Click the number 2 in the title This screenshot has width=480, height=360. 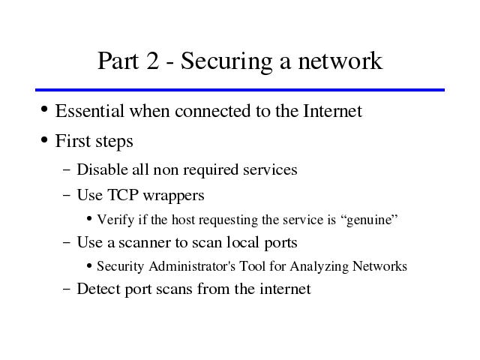153,61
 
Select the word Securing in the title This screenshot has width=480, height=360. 226,62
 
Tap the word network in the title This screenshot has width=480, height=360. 340,61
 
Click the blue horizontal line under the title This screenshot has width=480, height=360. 240,90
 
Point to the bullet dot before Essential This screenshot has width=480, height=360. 44,109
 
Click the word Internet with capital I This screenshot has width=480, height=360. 332,110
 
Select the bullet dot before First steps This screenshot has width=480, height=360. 44,140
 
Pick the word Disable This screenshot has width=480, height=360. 102,169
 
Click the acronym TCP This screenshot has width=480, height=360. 123,195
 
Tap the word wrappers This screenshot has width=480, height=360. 173,196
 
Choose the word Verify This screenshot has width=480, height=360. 115,220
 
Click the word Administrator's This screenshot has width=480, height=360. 192,266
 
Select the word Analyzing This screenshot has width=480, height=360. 319,267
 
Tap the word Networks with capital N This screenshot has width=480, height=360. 379,266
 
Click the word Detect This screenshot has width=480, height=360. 98,289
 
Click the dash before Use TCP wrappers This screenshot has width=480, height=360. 67,195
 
